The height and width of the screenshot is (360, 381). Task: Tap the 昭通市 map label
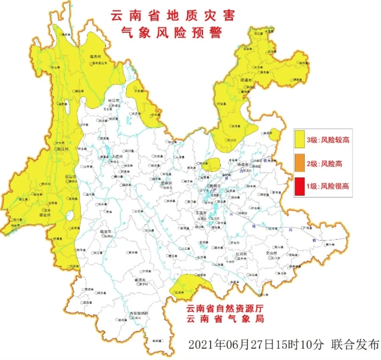click(x=246, y=78)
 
